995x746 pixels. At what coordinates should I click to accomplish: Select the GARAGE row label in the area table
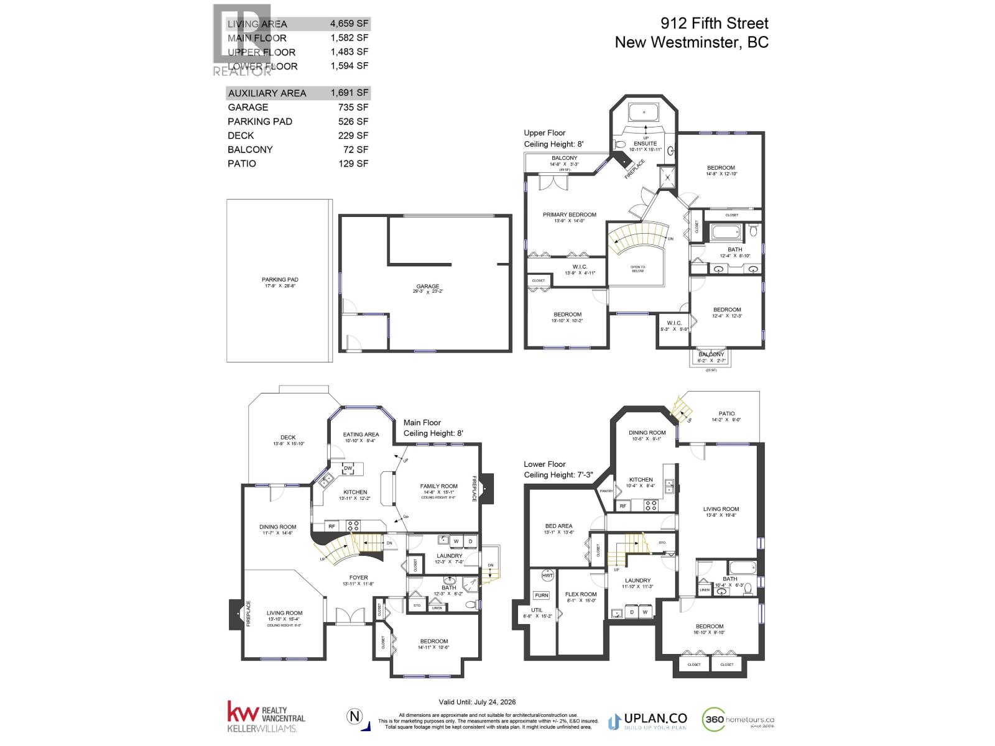tap(248, 107)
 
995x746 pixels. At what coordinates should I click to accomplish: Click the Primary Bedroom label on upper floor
tap(569, 215)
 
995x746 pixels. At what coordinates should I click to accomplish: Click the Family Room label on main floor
tap(438, 486)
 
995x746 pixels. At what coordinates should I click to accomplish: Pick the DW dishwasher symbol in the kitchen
tap(348, 468)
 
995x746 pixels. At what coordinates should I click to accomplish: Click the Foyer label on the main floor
tap(358, 578)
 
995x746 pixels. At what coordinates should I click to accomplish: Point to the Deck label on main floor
tap(287, 437)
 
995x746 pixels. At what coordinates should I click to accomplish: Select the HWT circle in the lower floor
tap(547, 576)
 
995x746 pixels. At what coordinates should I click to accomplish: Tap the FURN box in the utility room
tap(541, 595)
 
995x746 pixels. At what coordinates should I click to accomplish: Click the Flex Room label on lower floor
tap(580, 594)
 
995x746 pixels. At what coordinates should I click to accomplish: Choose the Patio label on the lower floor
tap(726, 413)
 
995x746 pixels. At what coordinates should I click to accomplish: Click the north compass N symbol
tap(354, 717)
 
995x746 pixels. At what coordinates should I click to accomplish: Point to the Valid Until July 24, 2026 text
tap(477, 701)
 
